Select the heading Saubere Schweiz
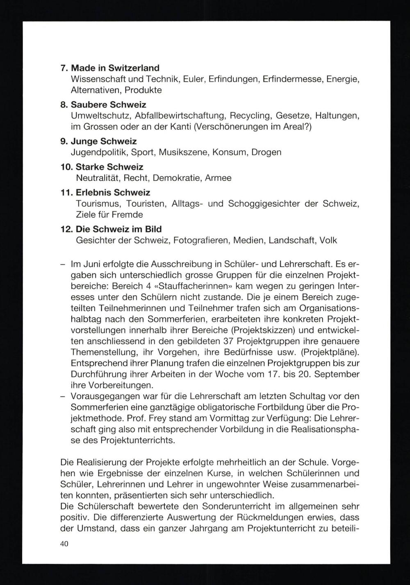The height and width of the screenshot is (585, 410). pos(108,105)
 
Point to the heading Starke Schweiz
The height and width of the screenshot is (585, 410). pos(109,167)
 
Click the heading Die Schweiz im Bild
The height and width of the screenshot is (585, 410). pos(118,229)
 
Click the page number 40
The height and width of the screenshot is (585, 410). pos(64,544)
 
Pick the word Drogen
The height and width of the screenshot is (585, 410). pos(266,152)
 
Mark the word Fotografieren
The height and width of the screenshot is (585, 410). pos(201,240)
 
